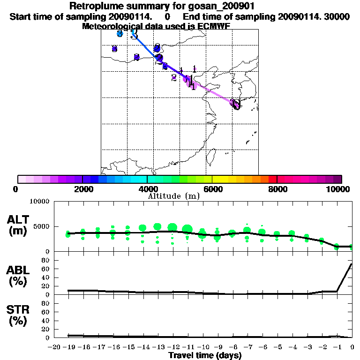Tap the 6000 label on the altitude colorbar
coord(212,189)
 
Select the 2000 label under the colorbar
coord(82,189)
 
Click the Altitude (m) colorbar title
coord(173,196)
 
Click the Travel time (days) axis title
coord(205,355)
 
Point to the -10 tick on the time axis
coord(202,347)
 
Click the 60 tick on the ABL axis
coord(46,269)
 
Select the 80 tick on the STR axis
coord(46,303)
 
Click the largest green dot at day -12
coord(172,228)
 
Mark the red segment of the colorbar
coord(272,179)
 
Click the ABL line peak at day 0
coord(352,264)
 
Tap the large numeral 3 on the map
coord(135,34)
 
